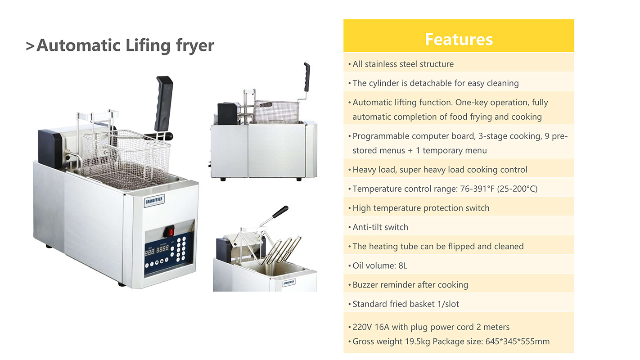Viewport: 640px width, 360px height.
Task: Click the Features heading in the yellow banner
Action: pos(459,39)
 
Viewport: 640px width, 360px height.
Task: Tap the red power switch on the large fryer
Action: pos(171,231)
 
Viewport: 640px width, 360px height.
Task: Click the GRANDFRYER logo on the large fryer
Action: pos(154,200)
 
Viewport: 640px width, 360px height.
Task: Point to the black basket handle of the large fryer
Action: pos(163,103)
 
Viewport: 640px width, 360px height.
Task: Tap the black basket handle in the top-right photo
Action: pos(307,76)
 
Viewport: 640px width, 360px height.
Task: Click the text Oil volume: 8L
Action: pos(380,265)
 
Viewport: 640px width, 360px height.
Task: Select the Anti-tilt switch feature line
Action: pos(380,227)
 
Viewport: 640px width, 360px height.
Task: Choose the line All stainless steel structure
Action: pos(403,64)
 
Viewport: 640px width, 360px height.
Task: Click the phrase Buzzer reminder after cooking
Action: pos(410,285)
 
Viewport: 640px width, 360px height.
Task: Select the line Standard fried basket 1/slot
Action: pos(406,304)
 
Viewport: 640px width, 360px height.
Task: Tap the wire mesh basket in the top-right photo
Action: pos(276,112)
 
